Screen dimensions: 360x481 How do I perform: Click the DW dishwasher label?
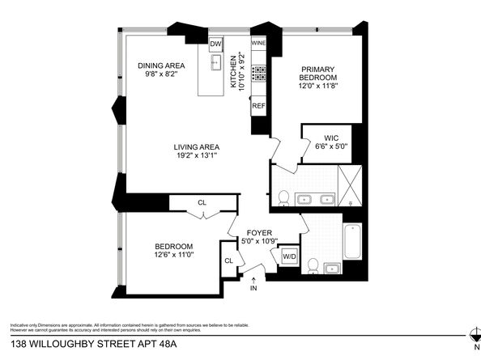(216, 44)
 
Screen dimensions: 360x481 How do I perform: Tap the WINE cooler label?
(259, 44)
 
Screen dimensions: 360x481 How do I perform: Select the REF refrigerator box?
(259, 106)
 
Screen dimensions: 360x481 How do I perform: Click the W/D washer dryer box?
(289, 257)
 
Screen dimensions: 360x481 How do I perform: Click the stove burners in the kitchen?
(259, 74)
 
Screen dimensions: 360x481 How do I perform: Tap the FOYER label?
(259, 231)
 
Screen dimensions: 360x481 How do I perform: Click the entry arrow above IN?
(253, 279)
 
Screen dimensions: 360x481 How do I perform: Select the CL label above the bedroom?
(201, 203)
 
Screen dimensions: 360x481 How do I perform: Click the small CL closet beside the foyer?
(228, 260)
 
